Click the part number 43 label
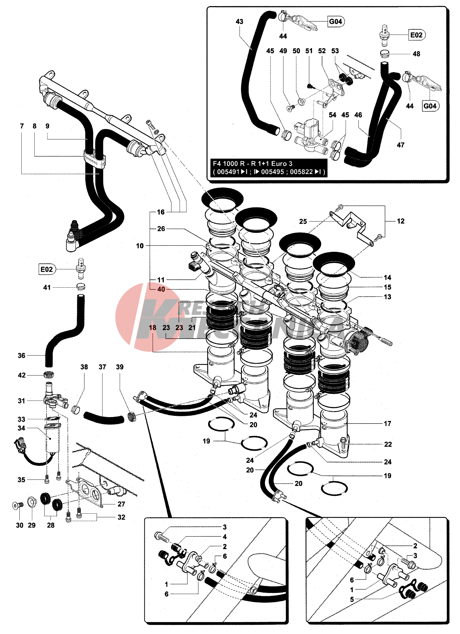click(239, 21)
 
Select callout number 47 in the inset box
click(401, 145)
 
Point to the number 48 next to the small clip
click(416, 54)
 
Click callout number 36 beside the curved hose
click(21, 355)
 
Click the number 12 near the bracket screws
click(401, 221)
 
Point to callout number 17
click(387, 424)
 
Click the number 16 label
click(161, 212)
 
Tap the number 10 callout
click(140, 246)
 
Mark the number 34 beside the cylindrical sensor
click(21, 428)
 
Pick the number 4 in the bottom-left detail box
click(225, 537)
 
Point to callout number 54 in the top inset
click(332, 115)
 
